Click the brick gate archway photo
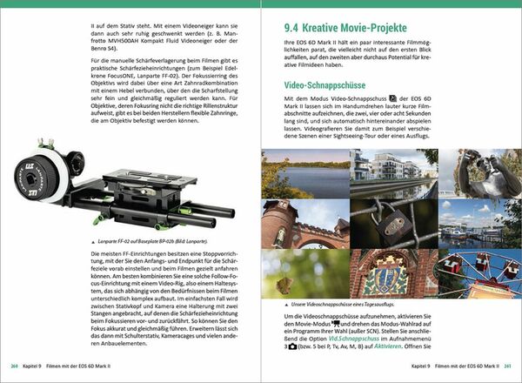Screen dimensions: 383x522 pyautogui.click(x=303, y=223)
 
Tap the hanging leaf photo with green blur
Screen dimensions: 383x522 pyautogui.click(x=303, y=272)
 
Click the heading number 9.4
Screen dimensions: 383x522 pyautogui.click(x=284, y=27)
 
